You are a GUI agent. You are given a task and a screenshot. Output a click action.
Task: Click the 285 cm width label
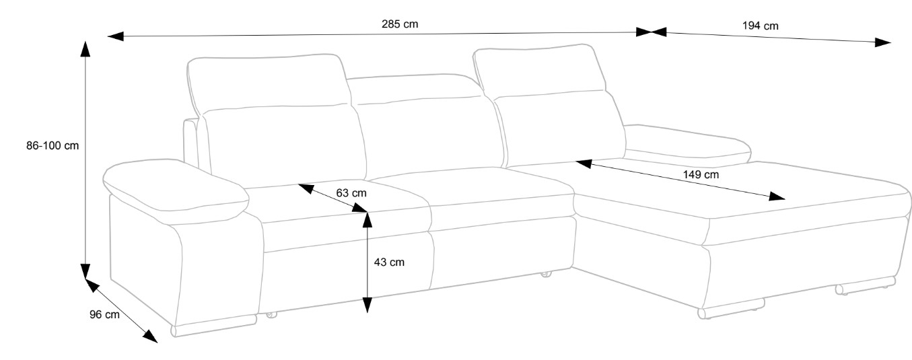tap(400, 24)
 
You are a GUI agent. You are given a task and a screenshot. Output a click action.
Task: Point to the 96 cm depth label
tap(104, 314)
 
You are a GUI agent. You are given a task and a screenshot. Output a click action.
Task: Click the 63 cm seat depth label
tap(351, 193)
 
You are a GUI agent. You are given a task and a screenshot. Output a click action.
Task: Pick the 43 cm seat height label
tap(389, 262)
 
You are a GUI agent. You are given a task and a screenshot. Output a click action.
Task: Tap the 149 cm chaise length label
tap(700, 174)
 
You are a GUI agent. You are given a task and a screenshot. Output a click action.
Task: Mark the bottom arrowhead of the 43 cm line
tap(367, 305)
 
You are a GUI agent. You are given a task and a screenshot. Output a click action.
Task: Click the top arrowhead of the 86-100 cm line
tap(85, 48)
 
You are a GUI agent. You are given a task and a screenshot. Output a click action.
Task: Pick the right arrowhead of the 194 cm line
tap(883, 42)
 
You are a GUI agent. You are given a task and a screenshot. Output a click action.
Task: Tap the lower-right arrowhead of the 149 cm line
tap(777, 196)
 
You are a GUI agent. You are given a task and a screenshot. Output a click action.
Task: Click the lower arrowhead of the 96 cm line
tap(150, 336)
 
